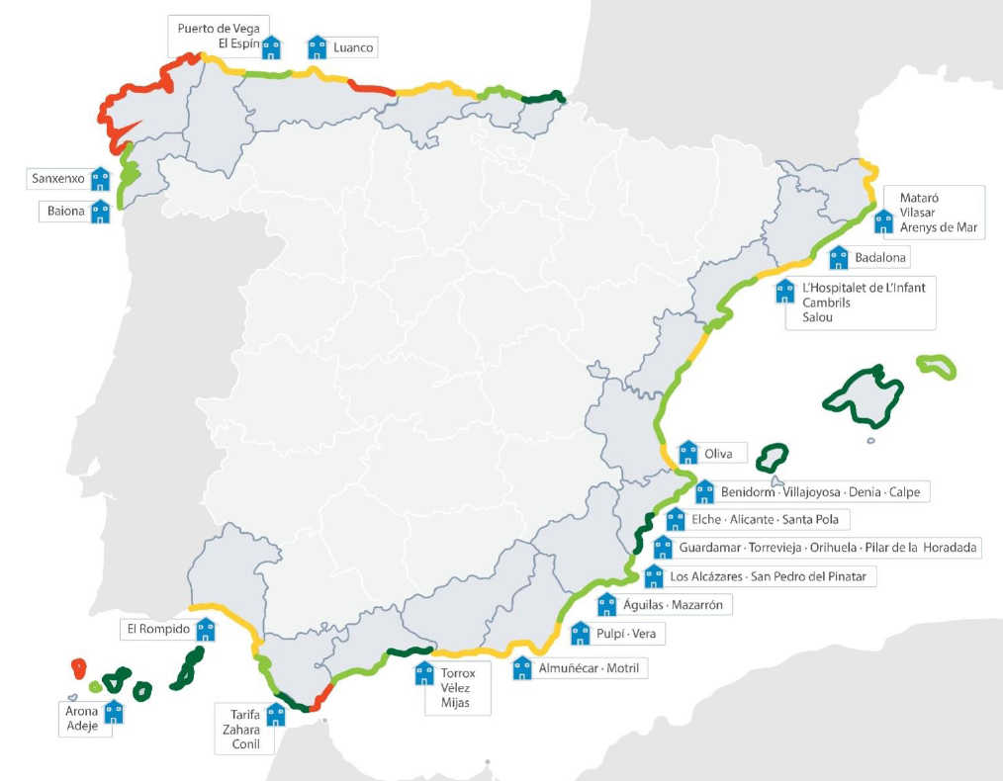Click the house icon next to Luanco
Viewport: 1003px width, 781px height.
click(317, 46)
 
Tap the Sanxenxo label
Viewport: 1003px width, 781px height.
click(58, 179)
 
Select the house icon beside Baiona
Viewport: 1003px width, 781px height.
click(100, 212)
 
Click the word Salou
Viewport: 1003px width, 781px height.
click(818, 317)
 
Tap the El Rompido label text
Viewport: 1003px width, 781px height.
click(157, 628)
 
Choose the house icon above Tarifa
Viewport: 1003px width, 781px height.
click(276, 715)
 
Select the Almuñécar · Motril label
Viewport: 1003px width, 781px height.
click(589, 668)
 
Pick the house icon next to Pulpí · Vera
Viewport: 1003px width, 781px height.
click(581, 633)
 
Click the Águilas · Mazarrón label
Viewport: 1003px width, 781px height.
click(674, 604)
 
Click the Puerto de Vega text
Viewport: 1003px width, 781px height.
click(219, 28)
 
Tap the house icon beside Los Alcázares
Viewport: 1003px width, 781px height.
click(654, 576)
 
